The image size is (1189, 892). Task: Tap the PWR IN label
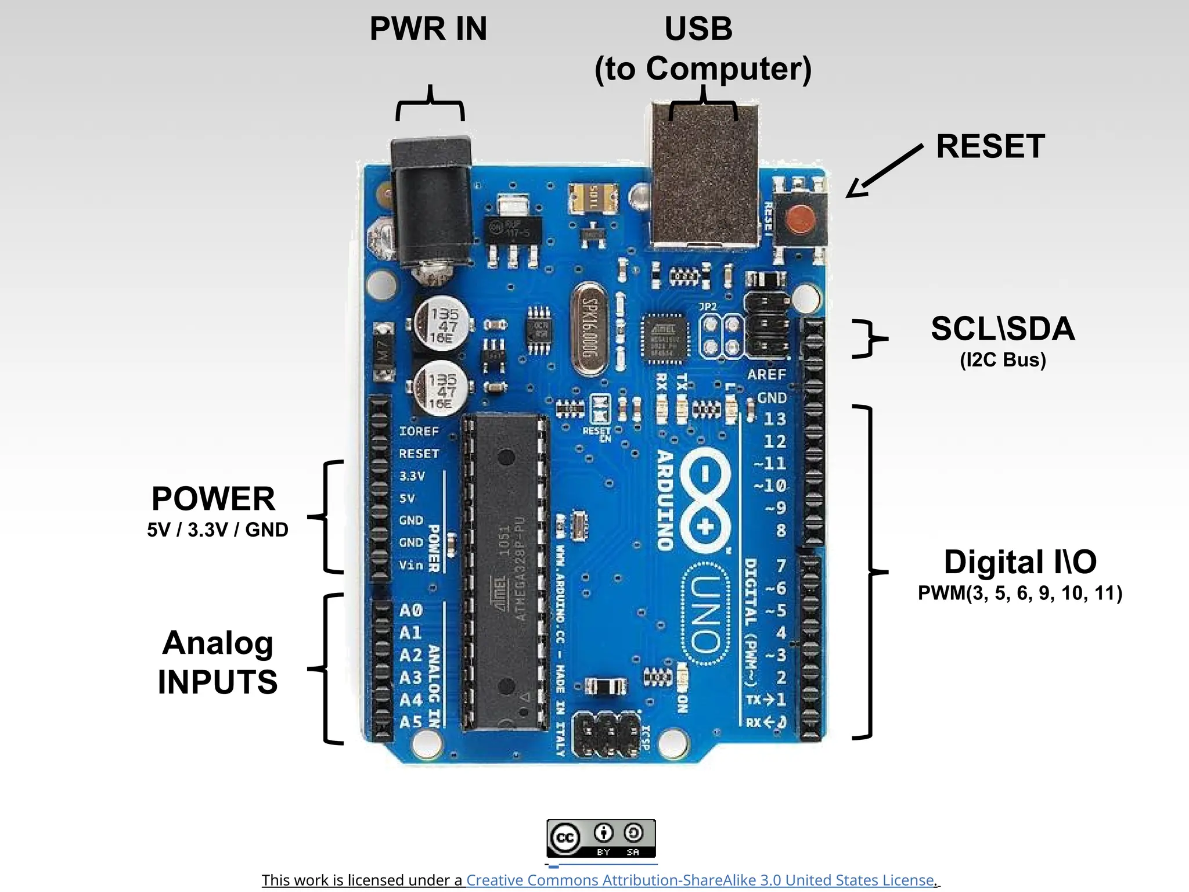coord(428,29)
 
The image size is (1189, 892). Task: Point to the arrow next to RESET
coord(882,171)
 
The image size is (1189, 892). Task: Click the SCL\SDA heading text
coord(1003,329)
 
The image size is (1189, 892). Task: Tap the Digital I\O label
coord(1020,562)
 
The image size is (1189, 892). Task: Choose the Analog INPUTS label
coord(218,662)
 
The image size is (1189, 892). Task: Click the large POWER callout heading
coord(214,498)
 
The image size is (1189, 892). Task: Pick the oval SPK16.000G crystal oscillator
coord(590,329)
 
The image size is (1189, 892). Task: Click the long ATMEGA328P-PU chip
coord(506,572)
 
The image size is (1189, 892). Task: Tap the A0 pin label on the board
coord(410,610)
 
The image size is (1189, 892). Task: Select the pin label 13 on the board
coord(774,419)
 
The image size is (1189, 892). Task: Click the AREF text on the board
coord(766,375)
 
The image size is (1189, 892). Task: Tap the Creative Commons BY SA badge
coord(601,838)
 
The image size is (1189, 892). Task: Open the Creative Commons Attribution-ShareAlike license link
coord(700,880)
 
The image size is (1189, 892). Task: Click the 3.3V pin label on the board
coord(412,476)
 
